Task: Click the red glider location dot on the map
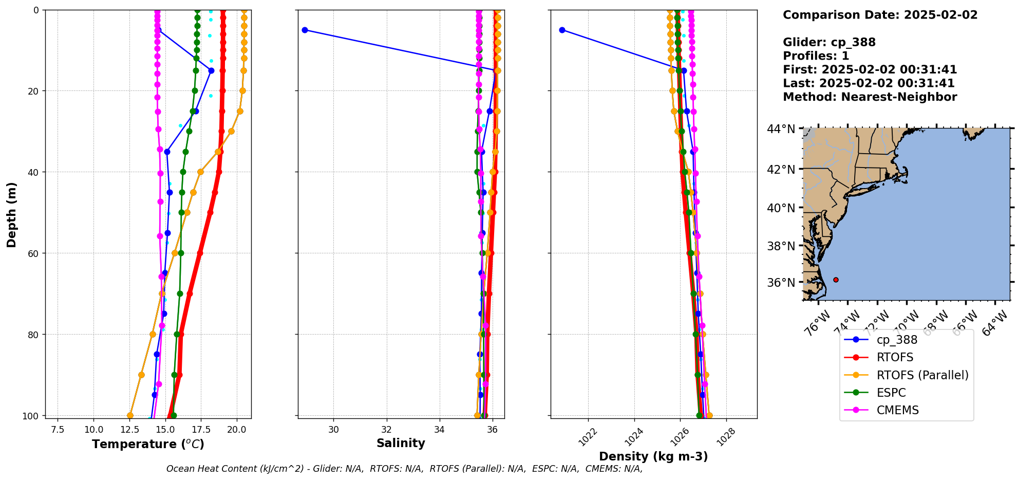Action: pyautogui.click(x=836, y=280)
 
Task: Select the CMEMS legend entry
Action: pyautogui.click(x=897, y=410)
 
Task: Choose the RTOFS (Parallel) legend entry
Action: pyautogui.click(x=922, y=375)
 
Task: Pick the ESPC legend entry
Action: pyautogui.click(x=891, y=393)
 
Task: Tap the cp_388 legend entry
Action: pyautogui.click(x=897, y=340)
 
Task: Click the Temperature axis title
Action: pyautogui.click(x=148, y=444)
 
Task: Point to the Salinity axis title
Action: pyautogui.click(x=401, y=443)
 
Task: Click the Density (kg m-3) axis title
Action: pyautogui.click(x=653, y=456)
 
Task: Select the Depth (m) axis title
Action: pyautogui.click(x=11, y=214)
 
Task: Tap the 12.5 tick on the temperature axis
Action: pyautogui.click(x=130, y=430)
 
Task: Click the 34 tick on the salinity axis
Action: pyautogui.click(x=439, y=430)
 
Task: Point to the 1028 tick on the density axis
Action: pyautogui.click(x=725, y=437)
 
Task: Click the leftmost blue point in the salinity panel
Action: pyautogui.click(x=305, y=30)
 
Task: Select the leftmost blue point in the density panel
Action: pyautogui.click(x=562, y=30)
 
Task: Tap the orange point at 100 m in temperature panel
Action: pyautogui.click(x=130, y=415)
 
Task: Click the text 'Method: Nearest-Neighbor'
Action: pyautogui.click(x=870, y=97)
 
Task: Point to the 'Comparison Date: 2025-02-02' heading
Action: pyautogui.click(x=880, y=15)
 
